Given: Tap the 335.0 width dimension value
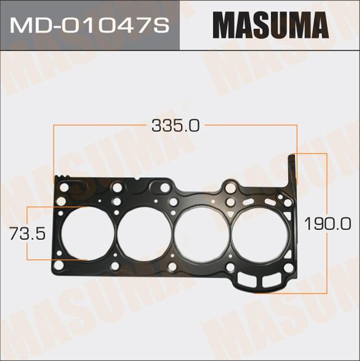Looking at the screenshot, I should pos(175,125).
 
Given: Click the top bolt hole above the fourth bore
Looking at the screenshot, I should pos(231,188).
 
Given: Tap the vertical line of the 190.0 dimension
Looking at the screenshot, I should pos(326,186).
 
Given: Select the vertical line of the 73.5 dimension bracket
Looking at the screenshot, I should pos(27,233).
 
